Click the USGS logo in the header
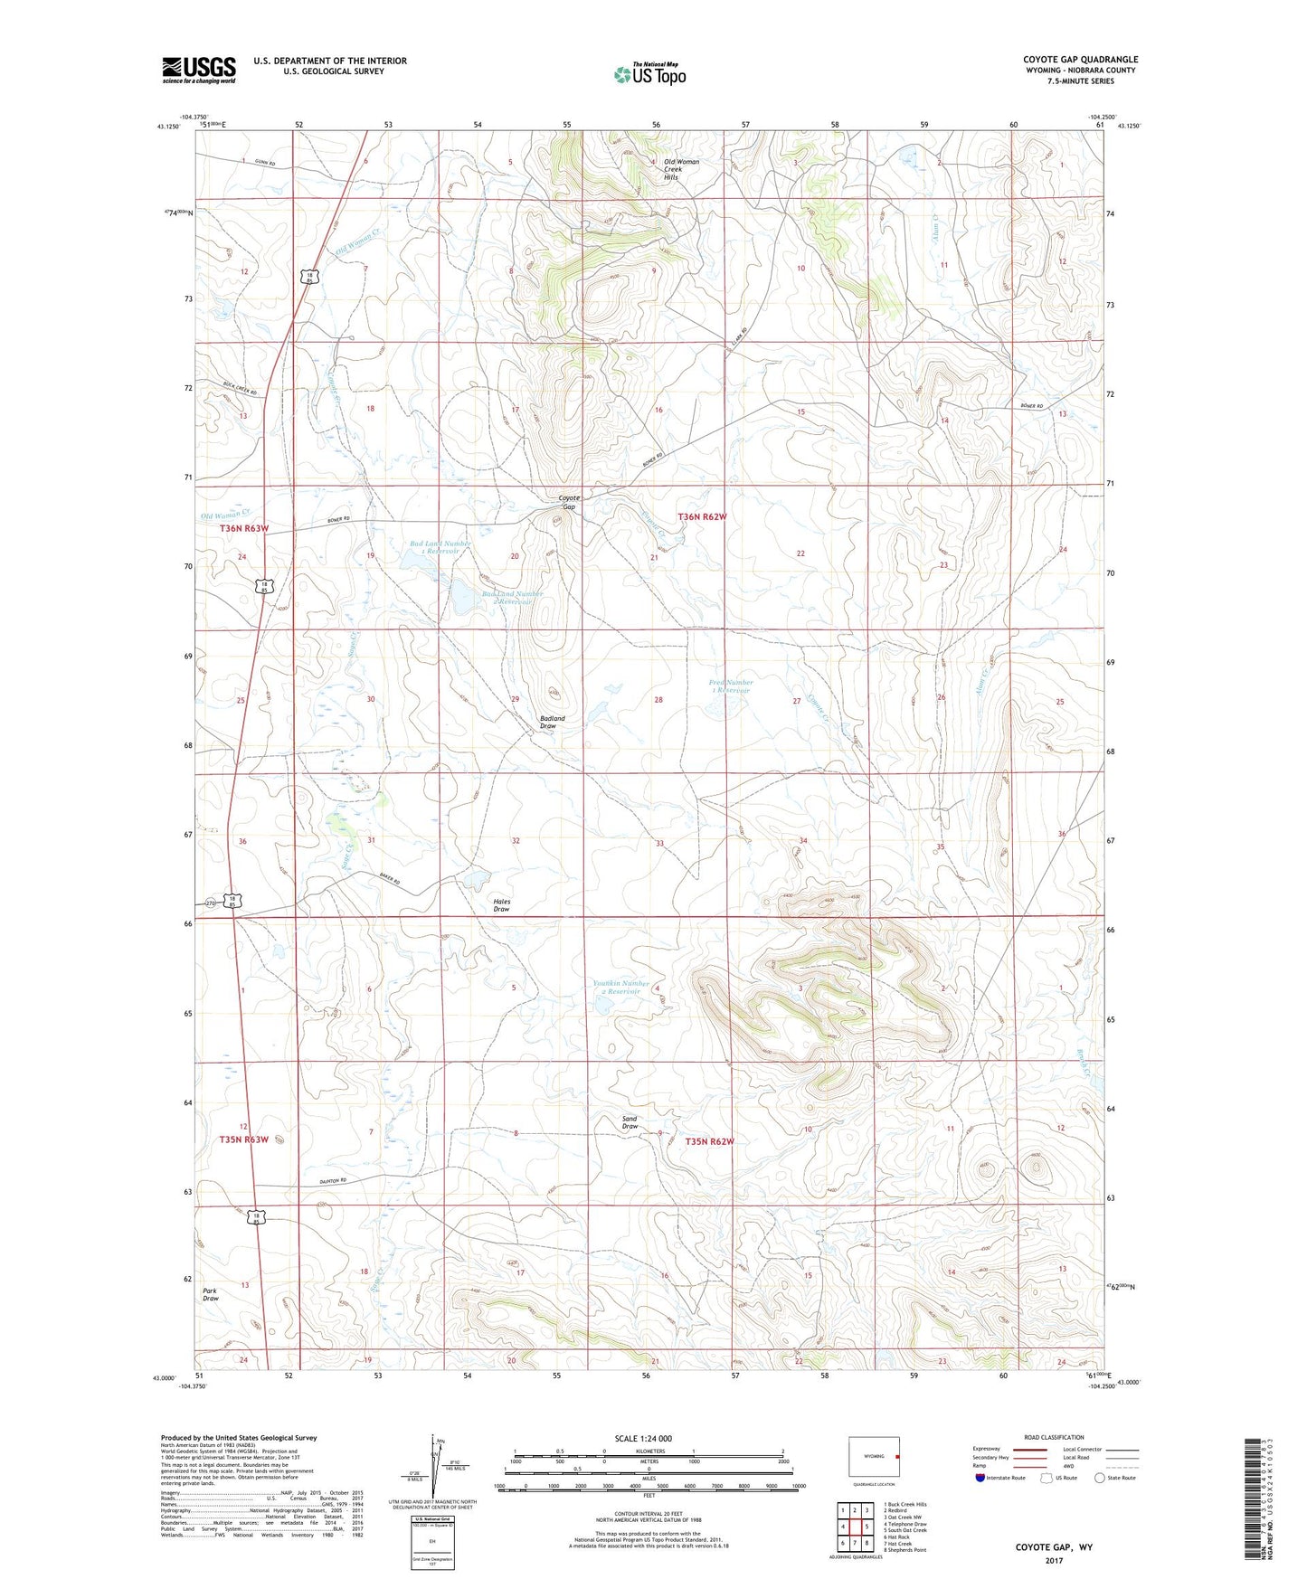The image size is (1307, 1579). tap(199, 70)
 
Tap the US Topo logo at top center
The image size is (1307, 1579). tap(649, 74)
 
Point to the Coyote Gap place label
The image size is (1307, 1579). tap(568, 502)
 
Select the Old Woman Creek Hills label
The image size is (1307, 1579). tap(681, 169)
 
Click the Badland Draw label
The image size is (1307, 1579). tap(552, 722)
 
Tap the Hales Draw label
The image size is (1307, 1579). tap(501, 905)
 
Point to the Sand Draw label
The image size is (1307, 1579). tap(630, 1122)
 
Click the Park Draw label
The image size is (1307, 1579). tap(210, 1294)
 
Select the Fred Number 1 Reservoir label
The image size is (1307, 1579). tap(730, 686)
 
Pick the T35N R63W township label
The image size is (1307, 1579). tap(243, 1139)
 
